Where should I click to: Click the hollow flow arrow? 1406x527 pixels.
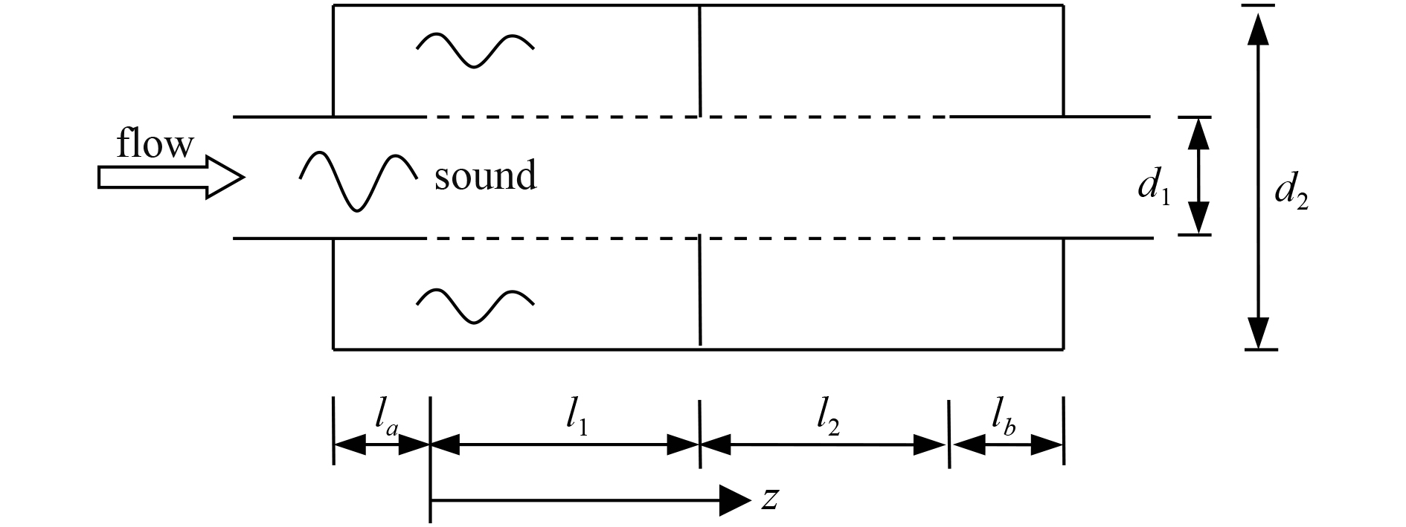(170, 178)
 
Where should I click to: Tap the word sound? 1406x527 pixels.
(485, 176)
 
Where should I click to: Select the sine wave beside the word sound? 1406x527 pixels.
(358, 181)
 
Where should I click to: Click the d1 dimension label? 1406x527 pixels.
(1153, 189)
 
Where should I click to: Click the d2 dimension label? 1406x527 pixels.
(1291, 193)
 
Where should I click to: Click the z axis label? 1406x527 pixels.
(770, 499)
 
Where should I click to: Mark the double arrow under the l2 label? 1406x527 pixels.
(824, 445)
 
